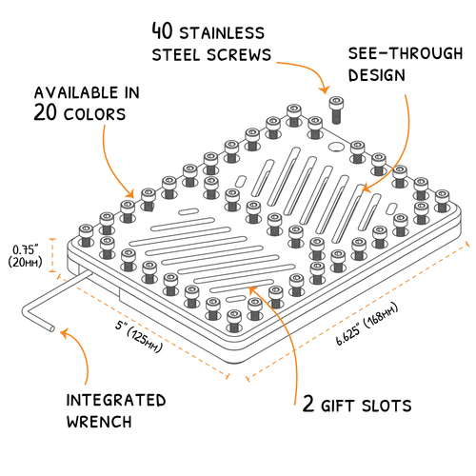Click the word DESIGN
(378, 73)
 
